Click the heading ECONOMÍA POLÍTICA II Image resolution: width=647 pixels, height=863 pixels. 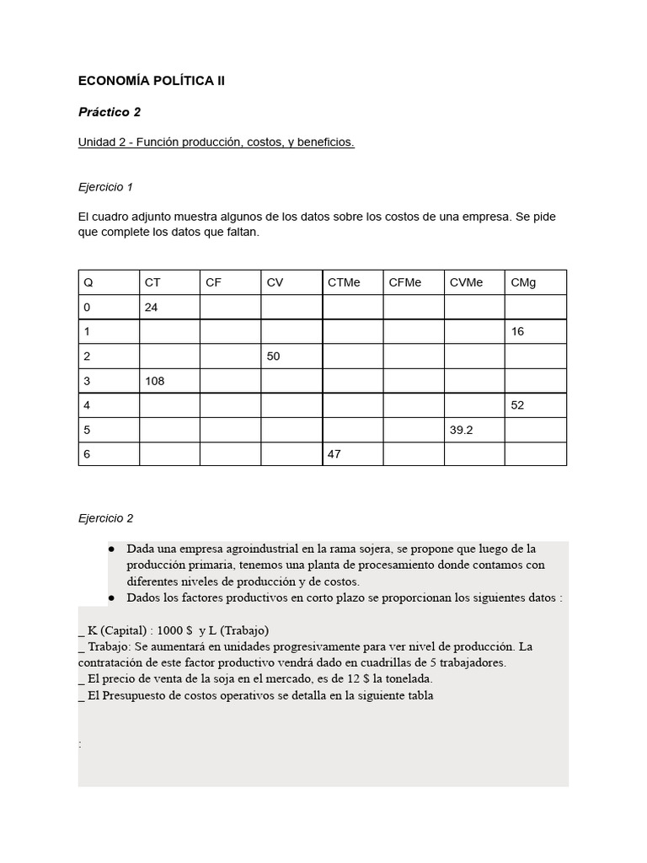point(152,82)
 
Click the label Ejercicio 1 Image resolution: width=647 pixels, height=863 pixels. point(105,187)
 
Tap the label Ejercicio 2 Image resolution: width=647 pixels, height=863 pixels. point(105,518)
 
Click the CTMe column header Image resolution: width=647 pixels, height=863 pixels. point(344,282)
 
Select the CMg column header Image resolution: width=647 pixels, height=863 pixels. point(523,282)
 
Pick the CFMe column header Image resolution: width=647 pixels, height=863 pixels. point(405,282)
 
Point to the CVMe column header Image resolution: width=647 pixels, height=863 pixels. point(467,282)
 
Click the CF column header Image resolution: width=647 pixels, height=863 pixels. point(213,282)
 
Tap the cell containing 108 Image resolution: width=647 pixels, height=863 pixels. point(155,381)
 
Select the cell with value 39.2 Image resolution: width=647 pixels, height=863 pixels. point(462,430)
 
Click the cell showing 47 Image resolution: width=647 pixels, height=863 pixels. point(334,454)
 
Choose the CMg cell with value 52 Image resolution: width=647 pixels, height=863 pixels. point(517,405)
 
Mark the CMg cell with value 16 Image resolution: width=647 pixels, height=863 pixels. point(517,332)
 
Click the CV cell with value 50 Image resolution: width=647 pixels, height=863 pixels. point(274,356)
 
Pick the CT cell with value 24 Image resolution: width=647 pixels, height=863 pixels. point(152,308)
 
